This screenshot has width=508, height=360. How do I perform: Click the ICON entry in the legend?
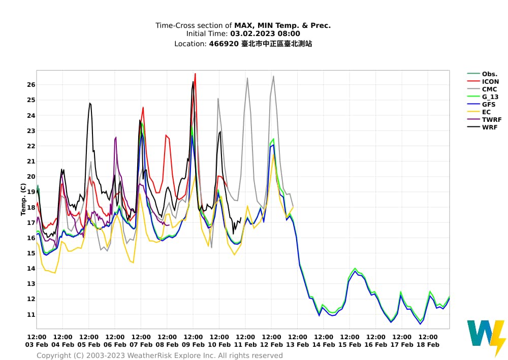(x=490, y=81)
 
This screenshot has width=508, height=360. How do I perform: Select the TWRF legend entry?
(x=491, y=119)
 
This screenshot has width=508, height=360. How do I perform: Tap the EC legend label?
(x=486, y=112)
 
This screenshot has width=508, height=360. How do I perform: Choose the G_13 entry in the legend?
(x=490, y=96)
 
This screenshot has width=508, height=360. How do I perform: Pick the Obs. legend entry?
(x=489, y=74)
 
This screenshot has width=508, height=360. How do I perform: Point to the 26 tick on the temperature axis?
(x=31, y=85)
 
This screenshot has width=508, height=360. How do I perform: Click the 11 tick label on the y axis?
(x=31, y=314)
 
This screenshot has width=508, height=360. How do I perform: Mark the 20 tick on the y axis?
(x=31, y=177)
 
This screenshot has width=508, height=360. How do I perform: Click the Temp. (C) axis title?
(x=23, y=200)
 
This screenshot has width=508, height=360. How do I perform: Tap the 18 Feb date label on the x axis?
(x=428, y=344)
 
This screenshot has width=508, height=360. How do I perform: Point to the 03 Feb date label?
(x=37, y=344)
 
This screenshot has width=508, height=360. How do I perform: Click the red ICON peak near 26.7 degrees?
(x=195, y=74)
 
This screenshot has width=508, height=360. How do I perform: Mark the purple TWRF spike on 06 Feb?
(x=116, y=138)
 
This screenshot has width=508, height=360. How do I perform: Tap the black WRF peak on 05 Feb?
(x=90, y=104)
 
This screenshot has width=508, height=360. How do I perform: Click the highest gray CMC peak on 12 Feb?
(x=273, y=77)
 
